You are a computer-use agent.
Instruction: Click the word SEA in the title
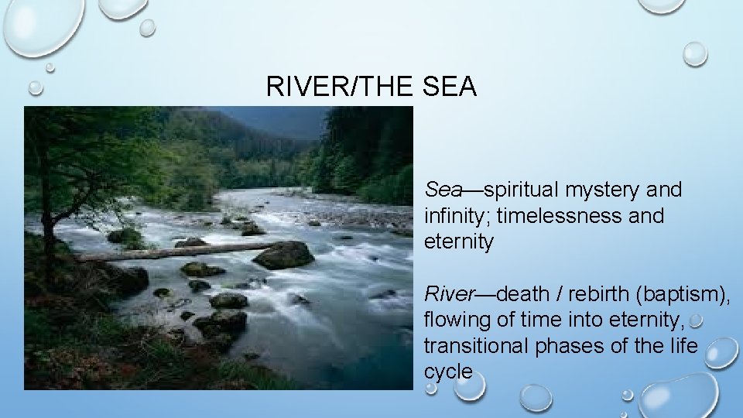(x=450, y=87)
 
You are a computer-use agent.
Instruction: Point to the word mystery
(x=602, y=190)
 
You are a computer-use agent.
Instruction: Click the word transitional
(x=476, y=346)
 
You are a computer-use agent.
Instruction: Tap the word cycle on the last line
(x=447, y=372)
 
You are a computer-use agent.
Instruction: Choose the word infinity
(x=453, y=215)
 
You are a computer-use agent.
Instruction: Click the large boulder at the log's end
(x=284, y=255)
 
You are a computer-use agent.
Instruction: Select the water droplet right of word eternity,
(x=696, y=320)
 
